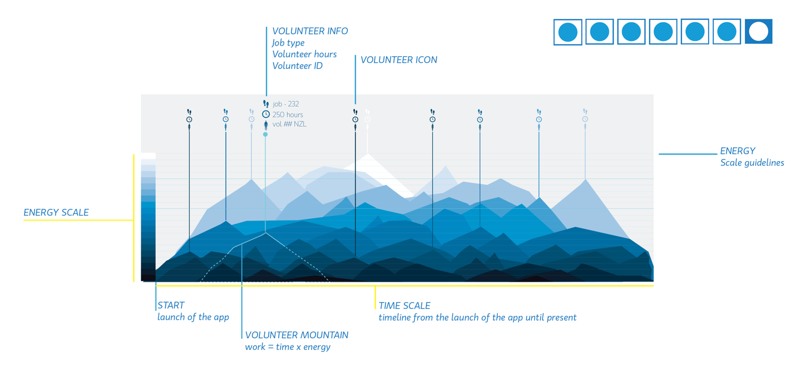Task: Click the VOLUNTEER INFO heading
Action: [310, 31]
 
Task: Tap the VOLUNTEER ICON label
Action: [398, 60]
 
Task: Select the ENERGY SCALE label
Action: [56, 212]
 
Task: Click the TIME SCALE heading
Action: [404, 306]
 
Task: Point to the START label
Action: [171, 305]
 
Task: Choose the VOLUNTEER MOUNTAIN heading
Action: [296, 335]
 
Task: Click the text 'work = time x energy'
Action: [288, 347]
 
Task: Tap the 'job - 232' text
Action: [286, 104]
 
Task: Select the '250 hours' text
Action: [288, 114]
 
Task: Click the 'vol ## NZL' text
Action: [289, 124]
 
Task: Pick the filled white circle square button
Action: [758, 32]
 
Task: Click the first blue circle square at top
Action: [568, 32]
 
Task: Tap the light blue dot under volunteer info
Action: [265, 134]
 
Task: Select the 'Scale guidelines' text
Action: [752, 163]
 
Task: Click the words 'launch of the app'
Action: [193, 317]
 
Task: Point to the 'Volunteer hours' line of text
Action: [304, 54]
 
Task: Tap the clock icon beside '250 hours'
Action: [266, 114]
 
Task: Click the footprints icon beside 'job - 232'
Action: [266, 104]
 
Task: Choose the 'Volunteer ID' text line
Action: [297, 66]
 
